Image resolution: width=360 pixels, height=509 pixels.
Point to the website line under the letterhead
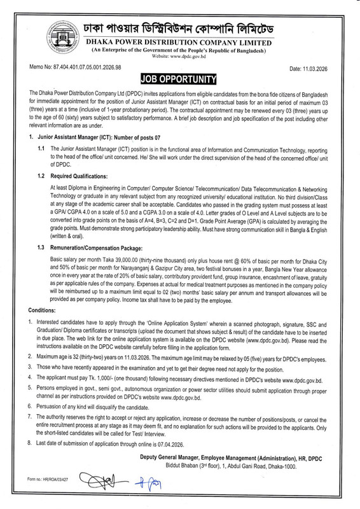pos(177,57)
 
